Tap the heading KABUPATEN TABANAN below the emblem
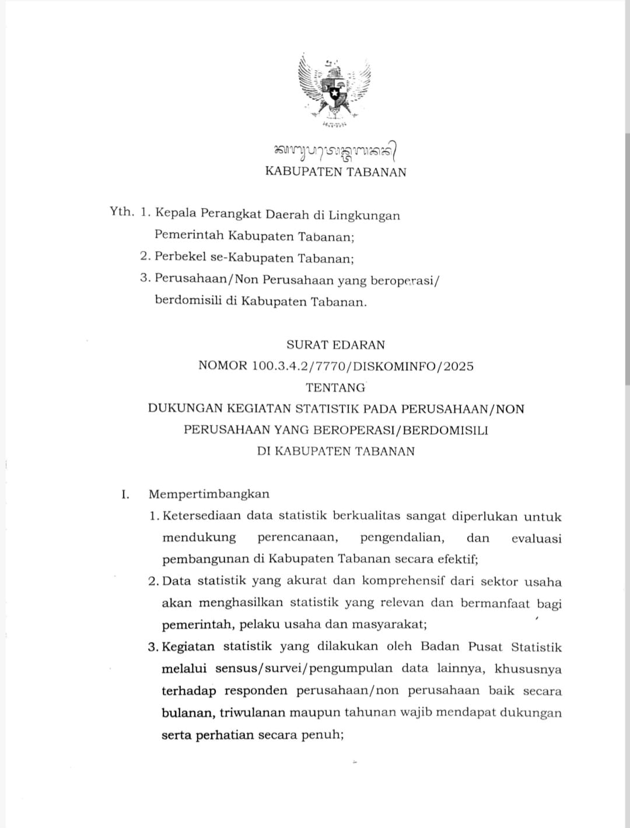pyautogui.click(x=335, y=172)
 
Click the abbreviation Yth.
pyautogui.click(x=122, y=212)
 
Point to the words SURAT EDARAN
pyautogui.click(x=335, y=345)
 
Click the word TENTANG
pyautogui.click(x=335, y=387)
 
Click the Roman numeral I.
pyautogui.click(x=124, y=494)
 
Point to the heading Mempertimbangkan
pyautogui.click(x=209, y=494)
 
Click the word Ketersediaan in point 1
pyautogui.click(x=201, y=516)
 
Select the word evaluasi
pyautogui.click(x=536, y=538)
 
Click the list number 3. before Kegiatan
pyautogui.click(x=153, y=647)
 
